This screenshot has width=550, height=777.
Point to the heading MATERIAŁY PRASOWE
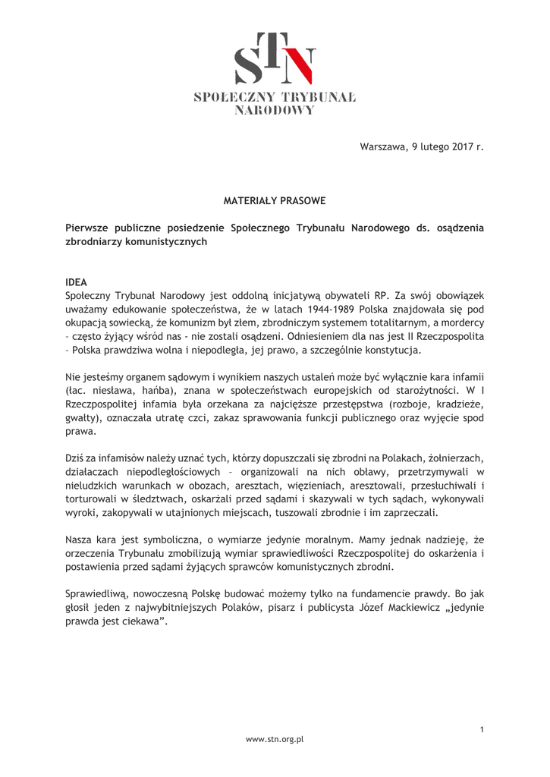275,201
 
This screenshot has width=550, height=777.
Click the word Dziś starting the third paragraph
76,458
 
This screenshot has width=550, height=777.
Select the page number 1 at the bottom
482,729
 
